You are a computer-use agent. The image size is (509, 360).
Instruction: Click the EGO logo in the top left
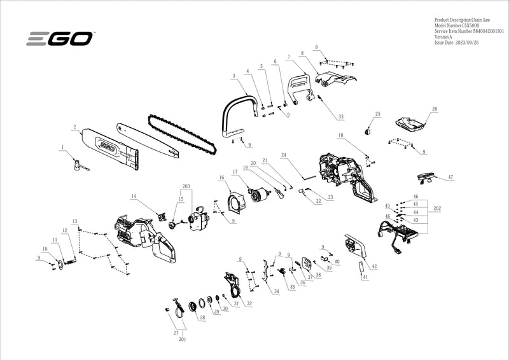tap(60, 39)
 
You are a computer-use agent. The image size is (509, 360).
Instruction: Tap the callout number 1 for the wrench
tap(62, 147)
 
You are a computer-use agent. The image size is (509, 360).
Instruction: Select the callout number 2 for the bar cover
tap(74, 126)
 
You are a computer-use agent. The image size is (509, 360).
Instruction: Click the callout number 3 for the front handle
tap(234, 76)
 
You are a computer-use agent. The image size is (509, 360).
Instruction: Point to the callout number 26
tap(435, 109)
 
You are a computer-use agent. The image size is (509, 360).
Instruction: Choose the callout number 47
tap(450, 177)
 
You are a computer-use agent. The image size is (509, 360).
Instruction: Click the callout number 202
tap(437, 208)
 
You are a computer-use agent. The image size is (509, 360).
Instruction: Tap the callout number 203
tap(186, 187)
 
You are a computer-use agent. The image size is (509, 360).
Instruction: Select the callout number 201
tap(183, 340)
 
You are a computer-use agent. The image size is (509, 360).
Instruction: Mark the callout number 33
tap(341, 117)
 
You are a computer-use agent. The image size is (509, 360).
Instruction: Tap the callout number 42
tap(374, 266)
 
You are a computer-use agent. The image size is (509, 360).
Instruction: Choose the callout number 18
tap(341, 135)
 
